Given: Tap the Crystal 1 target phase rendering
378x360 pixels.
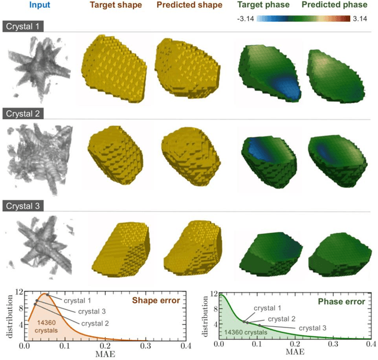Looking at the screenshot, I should (266, 70).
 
